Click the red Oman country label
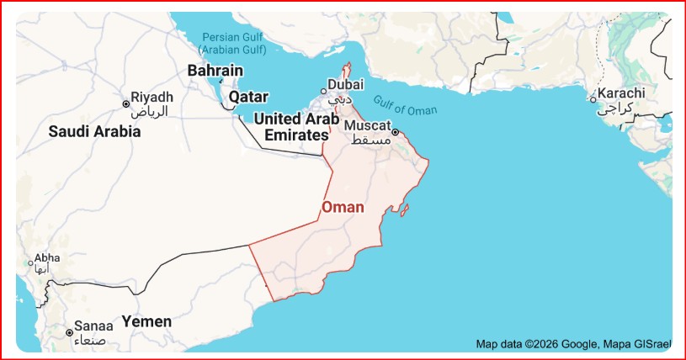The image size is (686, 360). coord(343,208)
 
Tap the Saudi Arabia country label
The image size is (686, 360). coord(94,132)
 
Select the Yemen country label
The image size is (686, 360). coord(146,321)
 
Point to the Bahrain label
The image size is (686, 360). coord(215,71)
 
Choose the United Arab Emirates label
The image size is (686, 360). coord(295,126)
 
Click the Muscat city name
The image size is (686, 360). coord(368,124)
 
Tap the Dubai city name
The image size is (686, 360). coord(345,84)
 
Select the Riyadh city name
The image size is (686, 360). coord(152,97)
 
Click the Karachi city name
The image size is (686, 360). coord(622,93)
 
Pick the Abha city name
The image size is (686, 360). coord(47,258)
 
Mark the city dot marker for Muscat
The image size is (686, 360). coord(395,132)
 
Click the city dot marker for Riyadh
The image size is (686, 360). coord(126,103)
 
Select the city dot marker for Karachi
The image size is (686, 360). coord(593,99)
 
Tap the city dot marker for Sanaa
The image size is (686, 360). coord(69,332)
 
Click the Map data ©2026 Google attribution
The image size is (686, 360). coord(537,343)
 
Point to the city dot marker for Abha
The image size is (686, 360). coord(30,264)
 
